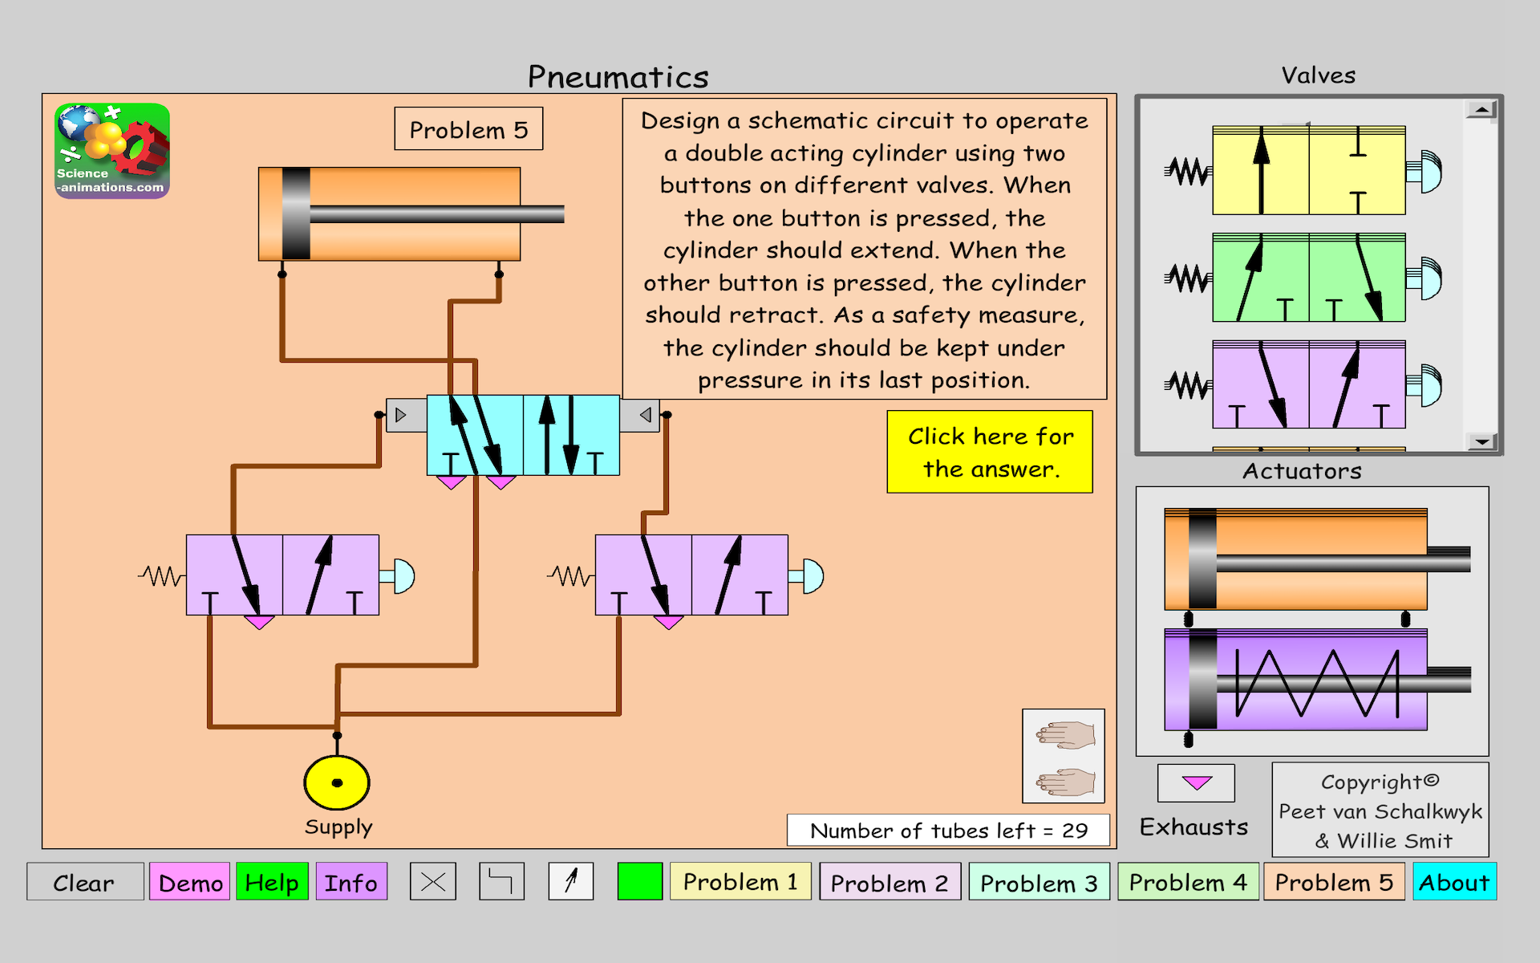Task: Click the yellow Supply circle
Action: (337, 782)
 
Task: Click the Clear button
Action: (84, 882)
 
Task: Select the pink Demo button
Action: (190, 882)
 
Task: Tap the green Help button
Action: (272, 882)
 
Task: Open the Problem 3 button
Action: (1038, 882)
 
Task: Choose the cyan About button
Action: (1453, 882)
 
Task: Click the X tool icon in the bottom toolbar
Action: (433, 882)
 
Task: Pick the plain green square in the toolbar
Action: (639, 882)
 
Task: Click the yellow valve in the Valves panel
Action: (1308, 170)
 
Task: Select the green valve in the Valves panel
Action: (1308, 278)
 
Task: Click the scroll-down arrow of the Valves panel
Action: (1481, 441)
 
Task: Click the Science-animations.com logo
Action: (112, 151)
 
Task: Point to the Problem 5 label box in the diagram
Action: (468, 129)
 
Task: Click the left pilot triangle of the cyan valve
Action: (401, 415)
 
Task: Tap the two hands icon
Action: (1064, 756)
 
